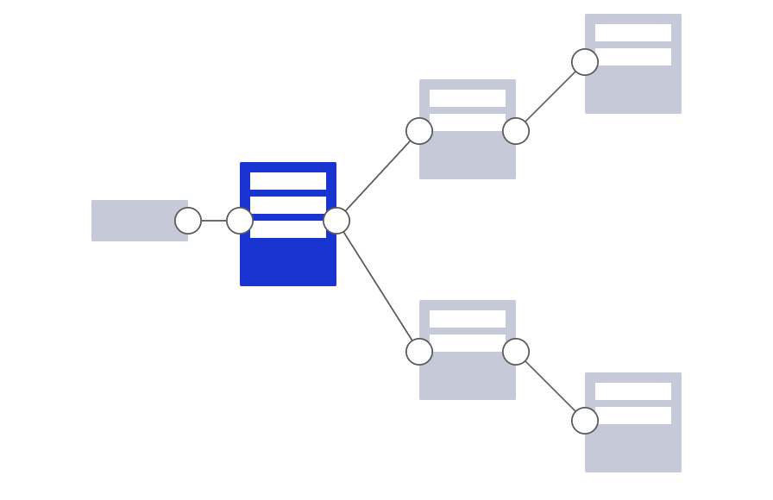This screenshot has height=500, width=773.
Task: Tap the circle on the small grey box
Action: pyautogui.click(x=188, y=221)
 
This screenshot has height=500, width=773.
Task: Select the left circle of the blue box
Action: pyautogui.click(x=240, y=221)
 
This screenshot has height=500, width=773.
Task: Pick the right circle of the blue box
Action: pyautogui.click(x=336, y=221)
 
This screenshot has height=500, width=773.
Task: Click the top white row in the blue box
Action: pyautogui.click(x=288, y=181)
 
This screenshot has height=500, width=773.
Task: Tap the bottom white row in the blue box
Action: pyautogui.click(x=288, y=230)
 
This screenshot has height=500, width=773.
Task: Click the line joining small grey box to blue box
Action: pyautogui.click(x=214, y=221)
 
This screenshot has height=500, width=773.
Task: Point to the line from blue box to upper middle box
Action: pyautogui.click(x=378, y=176)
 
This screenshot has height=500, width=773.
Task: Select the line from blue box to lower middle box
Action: pyautogui.click(x=378, y=286)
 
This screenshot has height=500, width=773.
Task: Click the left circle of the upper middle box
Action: pyautogui.click(x=419, y=131)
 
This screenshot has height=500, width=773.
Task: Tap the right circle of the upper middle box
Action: pyautogui.click(x=516, y=131)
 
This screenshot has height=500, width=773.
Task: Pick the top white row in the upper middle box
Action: pyautogui.click(x=468, y=98)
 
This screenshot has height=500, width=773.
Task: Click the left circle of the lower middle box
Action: pyautogui.click(x=419, y=352)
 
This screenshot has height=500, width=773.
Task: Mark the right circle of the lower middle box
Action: pyautogui.click(x=516, y=352)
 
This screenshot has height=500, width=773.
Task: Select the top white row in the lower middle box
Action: pyautogui.click(x=468, y=319)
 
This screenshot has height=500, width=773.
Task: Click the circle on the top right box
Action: pyautogui.click(x=585, y=62)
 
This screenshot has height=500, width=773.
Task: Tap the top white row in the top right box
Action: pyautogui.click(x=633, y=33)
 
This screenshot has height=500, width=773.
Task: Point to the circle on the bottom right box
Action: pyautogui.click(x=585, y=421)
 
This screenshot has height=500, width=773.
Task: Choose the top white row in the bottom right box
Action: pyautogui.click(x=633, y=391)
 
